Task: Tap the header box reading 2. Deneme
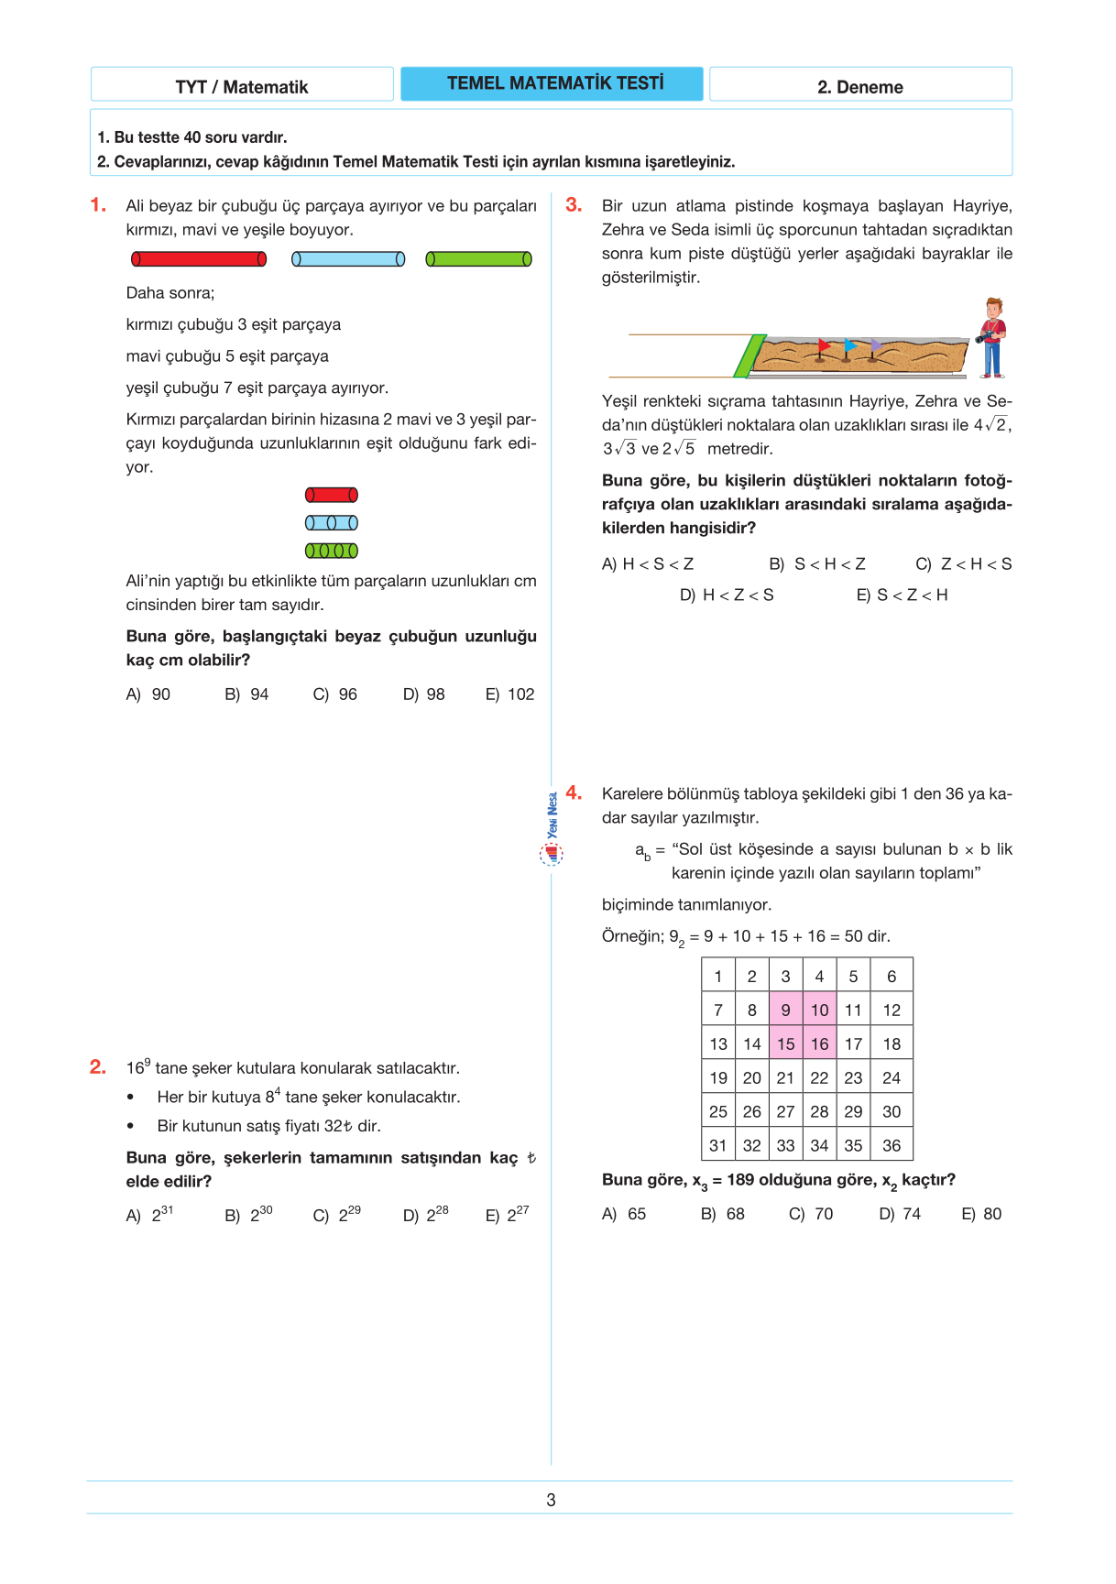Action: click(x=860, y=86)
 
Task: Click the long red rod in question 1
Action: click(x=199, y=259)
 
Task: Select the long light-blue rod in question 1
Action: click(x=348, y=259)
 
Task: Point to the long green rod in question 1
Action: click(x=478, y=259)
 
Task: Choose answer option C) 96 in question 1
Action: click(x=335, y=694)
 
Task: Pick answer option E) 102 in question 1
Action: click(x=510, y=694)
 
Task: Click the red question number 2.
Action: click(x=98, y=1066)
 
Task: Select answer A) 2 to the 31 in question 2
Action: click(x=149, y=1215)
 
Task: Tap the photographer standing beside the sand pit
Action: click(x=991, y=337)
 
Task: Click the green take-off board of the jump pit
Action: click(x=749, y=355)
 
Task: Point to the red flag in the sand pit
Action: click(x=823, y=347)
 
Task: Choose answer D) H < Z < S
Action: click(x=727, y=595)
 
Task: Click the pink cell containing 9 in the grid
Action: click(x=785, y=1010)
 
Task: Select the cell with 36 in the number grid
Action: click(x=892, y=1145)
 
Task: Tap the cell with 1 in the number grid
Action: click(x=718, y=977)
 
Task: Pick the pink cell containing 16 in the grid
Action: click(x=819, y=1044)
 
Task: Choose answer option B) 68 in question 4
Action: click(x=723, y=1214)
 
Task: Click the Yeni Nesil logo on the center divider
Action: click(x=552, y=830)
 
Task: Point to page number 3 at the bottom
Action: click(x=551, y=1500)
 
